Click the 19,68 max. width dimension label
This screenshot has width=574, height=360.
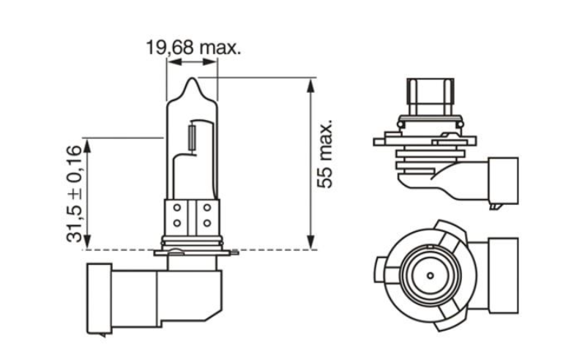point(193,48)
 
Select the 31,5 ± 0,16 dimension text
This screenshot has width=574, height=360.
point(74,193)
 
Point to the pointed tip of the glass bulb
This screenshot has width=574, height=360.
point(193,81)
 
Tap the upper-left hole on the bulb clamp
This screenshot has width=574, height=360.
point(176,208)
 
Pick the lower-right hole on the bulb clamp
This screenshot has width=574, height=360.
point(206,222)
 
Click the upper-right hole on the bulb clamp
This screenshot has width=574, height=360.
point(206,208)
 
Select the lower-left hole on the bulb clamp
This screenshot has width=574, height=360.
point(176,222)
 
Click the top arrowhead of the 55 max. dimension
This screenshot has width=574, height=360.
point(311,83)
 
